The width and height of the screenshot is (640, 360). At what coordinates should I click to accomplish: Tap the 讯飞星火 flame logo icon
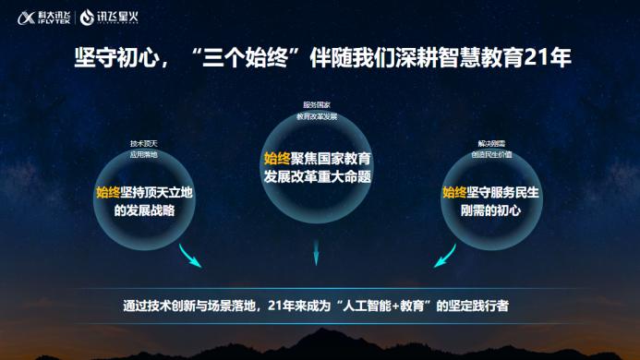point(86,16)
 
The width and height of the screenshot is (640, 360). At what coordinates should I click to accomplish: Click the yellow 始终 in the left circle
point(108,192)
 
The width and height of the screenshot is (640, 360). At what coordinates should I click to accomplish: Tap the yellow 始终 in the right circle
point(454,192)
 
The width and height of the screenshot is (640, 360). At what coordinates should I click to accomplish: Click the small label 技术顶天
point(143,144)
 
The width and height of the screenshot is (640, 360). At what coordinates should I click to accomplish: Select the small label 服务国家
point(316,106)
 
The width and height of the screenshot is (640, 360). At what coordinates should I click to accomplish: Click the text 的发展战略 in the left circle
point(144,210)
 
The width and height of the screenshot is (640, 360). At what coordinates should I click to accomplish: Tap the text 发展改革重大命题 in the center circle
point(317,176)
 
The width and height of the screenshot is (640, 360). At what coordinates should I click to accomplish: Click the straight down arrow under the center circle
point(317,248)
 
